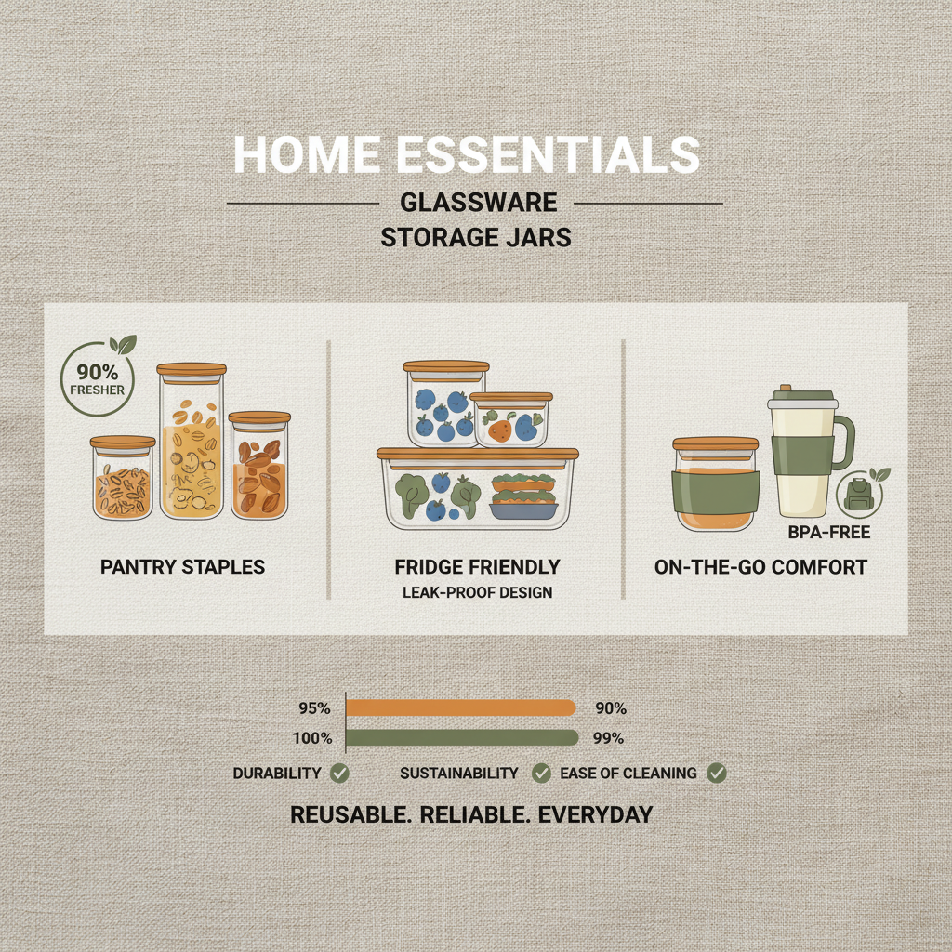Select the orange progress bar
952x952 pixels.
(x=460, y=708)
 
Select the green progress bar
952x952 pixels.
(x=460, y=739)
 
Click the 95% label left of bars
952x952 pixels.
(x=314, y=708)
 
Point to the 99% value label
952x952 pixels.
(x=610, y=739)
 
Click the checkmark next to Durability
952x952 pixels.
(x=339, y=773)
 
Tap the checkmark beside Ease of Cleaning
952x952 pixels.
(x=716, y=773)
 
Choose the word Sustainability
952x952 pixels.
(x=459, y=773)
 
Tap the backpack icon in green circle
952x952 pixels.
(x=857, y=494)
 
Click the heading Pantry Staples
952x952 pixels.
(x=184, y=566)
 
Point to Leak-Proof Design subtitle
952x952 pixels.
(x=478, y=592)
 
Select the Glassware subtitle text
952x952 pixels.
(x=476, y=203)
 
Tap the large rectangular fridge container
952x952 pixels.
(x=476, y=490)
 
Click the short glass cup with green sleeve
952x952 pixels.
(x=715, y=485)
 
